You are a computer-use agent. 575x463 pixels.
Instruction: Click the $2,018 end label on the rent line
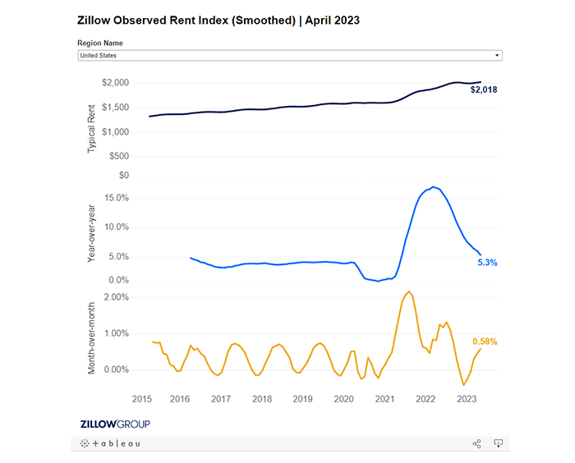pyautogui.click(x=484, y=89)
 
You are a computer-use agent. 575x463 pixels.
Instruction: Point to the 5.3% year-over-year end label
pyautogui.click(x=487, y=263)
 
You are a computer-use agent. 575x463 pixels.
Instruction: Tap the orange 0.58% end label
pyautogui.click(x=485, y=342)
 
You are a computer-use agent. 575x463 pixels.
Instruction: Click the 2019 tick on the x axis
pyautogui.click(x=302, y=399)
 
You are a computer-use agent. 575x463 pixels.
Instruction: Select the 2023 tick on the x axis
pyautogui.click(x=467, y=399)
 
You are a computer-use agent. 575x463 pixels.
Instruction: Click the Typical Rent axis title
pyautogui.click(x=91, y=128)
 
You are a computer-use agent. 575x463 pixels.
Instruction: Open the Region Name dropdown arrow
pyautogui.click(x=497, y=56)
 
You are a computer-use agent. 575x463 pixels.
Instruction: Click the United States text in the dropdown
pyautogui.click(x=99, y=56)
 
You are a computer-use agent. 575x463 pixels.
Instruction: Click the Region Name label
pyautogui.click(x=100, y=42)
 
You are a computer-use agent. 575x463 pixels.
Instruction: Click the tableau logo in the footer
pyautogui.click(x=112, y=443)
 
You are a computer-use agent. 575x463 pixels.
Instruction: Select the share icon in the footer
pyautogui.click(x=476, y=443)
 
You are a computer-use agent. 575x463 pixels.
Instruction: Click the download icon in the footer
pyautogui.click(x=498, y=443)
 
